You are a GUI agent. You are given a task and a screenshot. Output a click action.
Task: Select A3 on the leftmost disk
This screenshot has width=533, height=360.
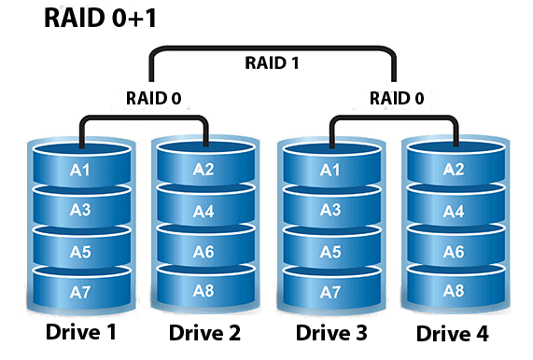point(81,210)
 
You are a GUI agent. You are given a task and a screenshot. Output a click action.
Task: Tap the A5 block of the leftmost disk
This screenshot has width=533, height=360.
point(81,251)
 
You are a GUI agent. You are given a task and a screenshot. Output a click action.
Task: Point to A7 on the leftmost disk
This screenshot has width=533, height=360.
point(81,293)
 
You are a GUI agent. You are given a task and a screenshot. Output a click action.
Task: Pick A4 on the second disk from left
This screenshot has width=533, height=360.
point(204,211)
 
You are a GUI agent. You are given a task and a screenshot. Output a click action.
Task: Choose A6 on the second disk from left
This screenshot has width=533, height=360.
point(204,252)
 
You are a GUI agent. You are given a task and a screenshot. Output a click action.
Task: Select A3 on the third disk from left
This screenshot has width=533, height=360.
point(330,210)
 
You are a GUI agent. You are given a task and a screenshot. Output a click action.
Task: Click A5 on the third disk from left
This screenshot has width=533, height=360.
point(330,251)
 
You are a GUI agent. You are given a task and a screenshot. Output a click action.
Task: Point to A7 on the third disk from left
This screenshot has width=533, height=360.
point(330,293)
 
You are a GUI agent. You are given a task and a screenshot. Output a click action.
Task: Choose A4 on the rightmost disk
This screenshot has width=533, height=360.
point(453,211)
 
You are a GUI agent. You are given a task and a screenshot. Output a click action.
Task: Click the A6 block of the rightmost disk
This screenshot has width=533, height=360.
point(453,252)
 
